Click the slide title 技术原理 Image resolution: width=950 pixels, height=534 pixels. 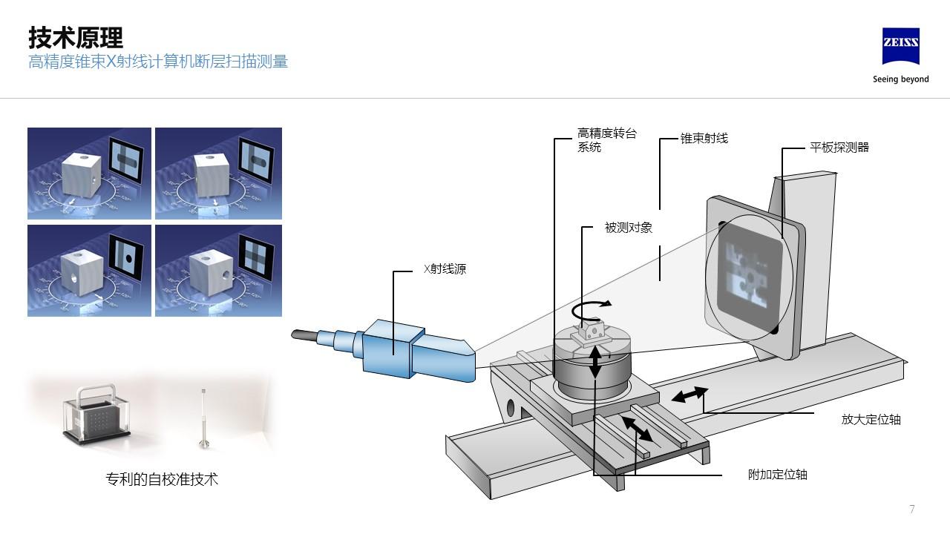(x=76, y=37)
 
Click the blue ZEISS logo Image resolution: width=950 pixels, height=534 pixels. (x=900, y=47)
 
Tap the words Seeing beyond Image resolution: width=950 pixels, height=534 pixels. (x=900, y=79)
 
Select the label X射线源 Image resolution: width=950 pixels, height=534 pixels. (x=445, y=269)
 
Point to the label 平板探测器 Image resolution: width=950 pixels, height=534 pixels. (x=839, y=148)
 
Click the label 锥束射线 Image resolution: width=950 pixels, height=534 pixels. (x=704, y=138)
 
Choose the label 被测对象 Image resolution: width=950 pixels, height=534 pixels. (x=628, y=228)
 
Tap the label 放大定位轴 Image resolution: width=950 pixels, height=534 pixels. (x=871, y=419)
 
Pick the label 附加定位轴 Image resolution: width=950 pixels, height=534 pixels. (x=777, y=475)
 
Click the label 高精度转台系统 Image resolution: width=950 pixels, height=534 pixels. (x=606, y=140)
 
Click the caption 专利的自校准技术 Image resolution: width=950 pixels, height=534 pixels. (x=163, y=479)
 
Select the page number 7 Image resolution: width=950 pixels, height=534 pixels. (x=912, y=509)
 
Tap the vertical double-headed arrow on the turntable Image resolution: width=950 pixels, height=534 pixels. (x=595, y=363)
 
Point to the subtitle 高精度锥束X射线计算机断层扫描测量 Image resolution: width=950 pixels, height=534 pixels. (x=158, y=62)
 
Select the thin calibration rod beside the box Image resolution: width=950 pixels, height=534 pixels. (x=203, y=418)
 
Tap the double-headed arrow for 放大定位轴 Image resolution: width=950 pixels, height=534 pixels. (x=689, y=395)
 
